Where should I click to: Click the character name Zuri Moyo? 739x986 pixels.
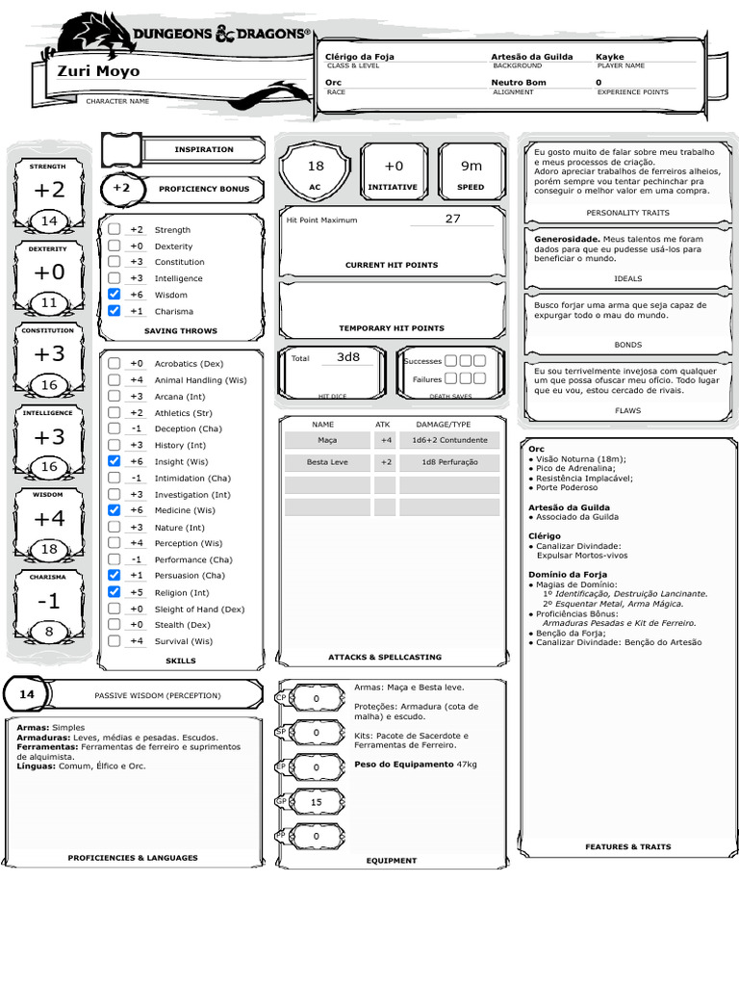tap(98, 71)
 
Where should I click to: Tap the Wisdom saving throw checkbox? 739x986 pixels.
tap(115, 295)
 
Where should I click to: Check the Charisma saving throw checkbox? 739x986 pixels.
tap(115, 311)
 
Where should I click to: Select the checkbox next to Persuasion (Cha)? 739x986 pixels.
tap(115, 576)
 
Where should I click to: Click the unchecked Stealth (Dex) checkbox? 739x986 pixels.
tap(115, 625)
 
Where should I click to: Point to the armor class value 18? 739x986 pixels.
tap(316, 166)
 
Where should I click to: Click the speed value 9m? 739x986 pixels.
tap(471, 166)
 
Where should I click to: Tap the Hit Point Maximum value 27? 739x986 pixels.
tap(452, 219)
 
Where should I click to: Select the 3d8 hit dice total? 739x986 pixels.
tap(347, 357)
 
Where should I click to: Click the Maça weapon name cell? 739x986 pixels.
tap(327, 440)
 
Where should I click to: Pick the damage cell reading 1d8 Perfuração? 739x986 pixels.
tap(448, 462)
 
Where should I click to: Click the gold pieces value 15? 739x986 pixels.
tap(316, 802)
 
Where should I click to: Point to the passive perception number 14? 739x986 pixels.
tap(27, 694)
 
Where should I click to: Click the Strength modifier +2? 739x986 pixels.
tap(48, 191)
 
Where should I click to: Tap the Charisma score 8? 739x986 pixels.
tap(48, 632)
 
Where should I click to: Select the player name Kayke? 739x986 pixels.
tap(610, 57)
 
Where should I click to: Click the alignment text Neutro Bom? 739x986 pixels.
tap(518, 83)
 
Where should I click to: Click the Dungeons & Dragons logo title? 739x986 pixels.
tap(221, 35)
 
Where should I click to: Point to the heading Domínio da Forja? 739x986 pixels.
tap(568, 575)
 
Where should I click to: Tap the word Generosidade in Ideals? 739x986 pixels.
tap(567, 239)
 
